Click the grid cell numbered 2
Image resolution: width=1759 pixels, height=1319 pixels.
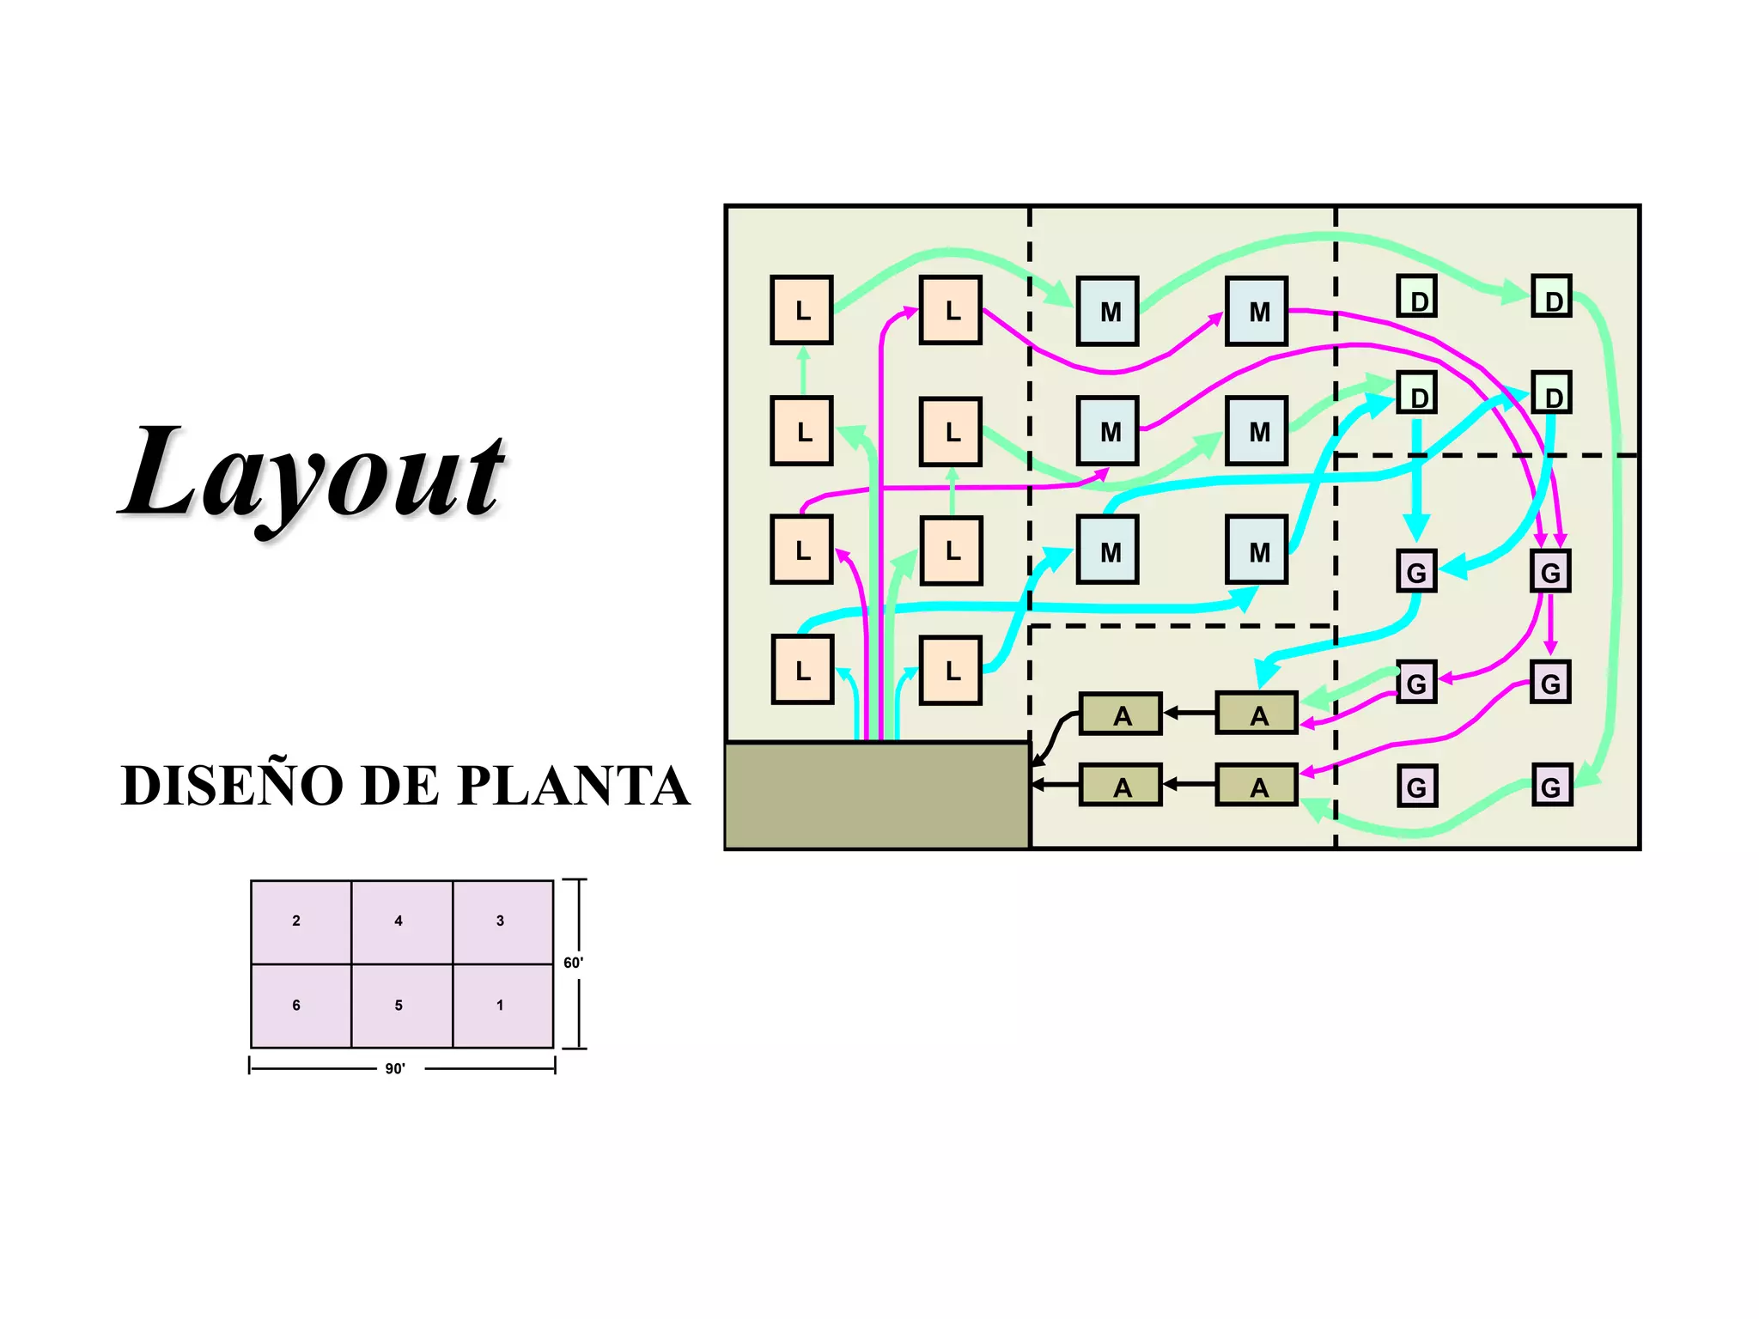[x=301, y=921]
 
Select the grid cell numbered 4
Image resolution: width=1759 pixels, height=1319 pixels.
[x=402, y=921]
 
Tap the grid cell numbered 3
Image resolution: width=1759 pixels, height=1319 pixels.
[x=503, y=921]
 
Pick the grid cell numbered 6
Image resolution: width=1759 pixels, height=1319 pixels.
[x=301, y=1006]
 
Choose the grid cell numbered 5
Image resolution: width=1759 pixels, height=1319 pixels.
[x=402, y=1006]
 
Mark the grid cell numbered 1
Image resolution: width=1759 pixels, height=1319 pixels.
[x=503, y=1006]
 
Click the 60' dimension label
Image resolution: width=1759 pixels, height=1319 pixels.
[x=573, y=963]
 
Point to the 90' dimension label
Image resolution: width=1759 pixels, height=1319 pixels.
[x=395, y=1068]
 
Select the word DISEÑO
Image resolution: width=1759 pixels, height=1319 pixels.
[x=232, y=785]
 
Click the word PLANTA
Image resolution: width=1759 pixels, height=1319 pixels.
[x=574, y=785]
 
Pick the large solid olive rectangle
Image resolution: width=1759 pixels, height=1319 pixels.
[x=877, y=795]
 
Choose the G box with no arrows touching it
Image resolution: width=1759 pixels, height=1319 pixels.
[x=1416, y=786]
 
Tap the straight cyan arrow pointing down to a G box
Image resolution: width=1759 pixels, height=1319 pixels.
[x=1417, y=481]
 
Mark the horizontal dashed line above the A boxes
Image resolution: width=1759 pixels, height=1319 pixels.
[x=1182, y=626]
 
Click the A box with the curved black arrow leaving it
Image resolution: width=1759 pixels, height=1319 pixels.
[x=1120, y=714]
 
